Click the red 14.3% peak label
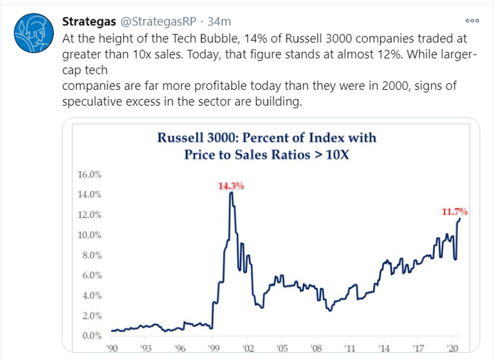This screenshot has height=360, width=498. (x=231, y=186)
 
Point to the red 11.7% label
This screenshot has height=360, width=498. (x=455, y=212)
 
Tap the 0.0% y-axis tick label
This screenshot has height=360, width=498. (x=91, y=335)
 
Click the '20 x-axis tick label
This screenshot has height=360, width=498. (x=452, y=347)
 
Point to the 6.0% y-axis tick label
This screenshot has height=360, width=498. (x=91, y=275)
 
